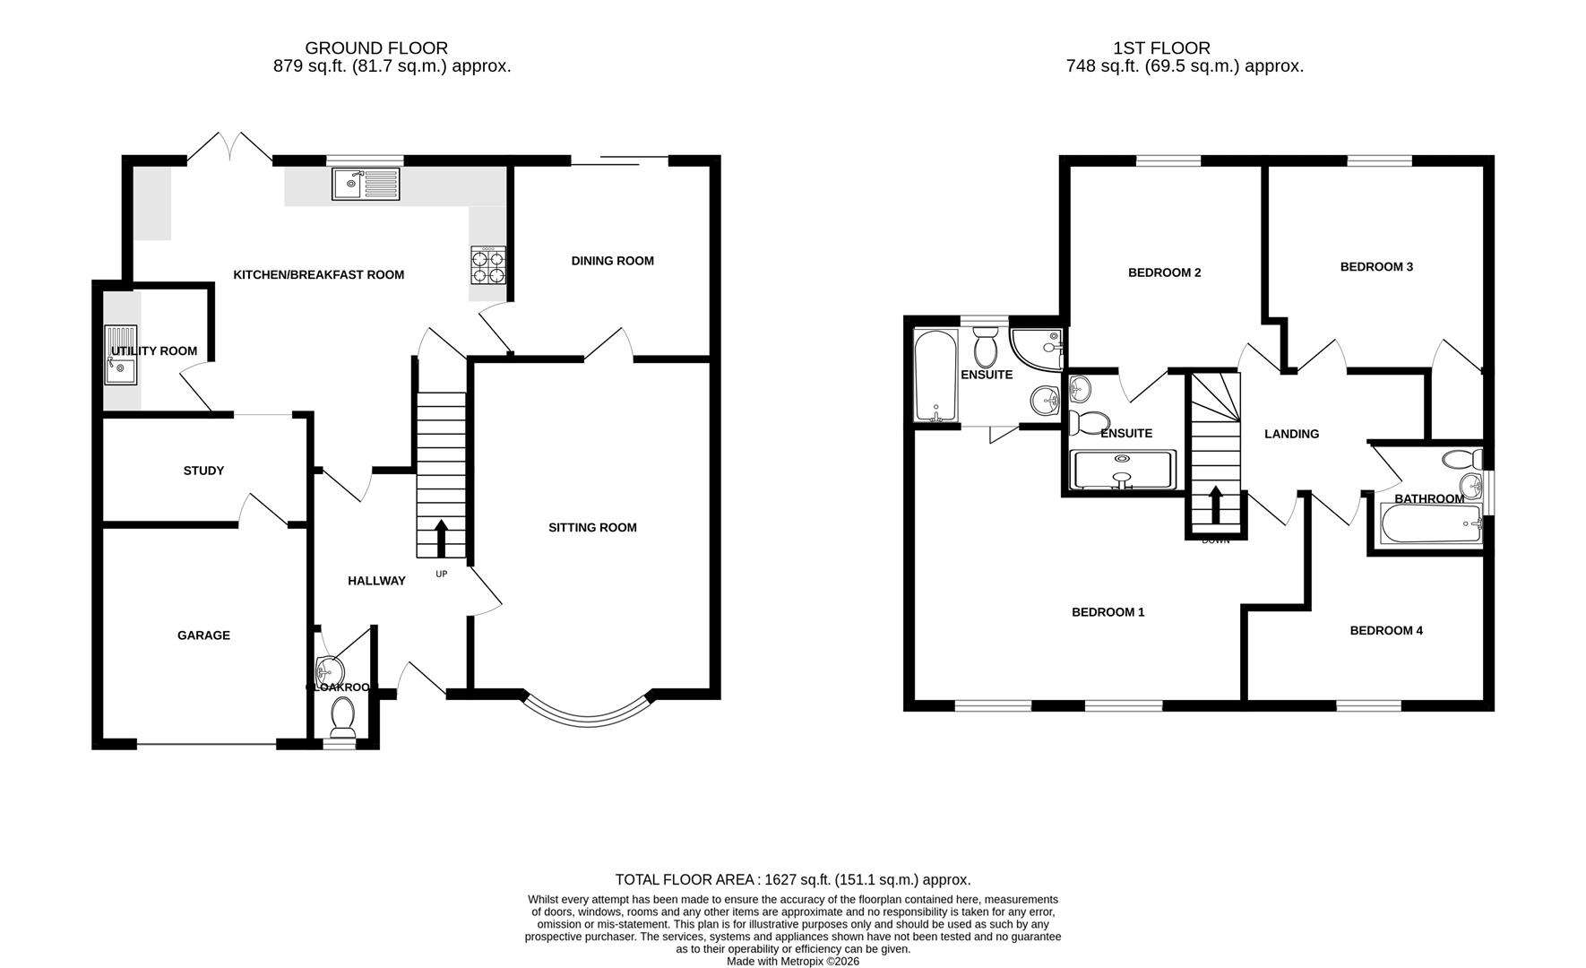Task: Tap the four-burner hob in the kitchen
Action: [487, 265]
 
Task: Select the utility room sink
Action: [120, 355]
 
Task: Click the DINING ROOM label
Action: [613, 261]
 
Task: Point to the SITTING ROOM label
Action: [592, 527]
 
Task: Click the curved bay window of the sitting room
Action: [589, 714]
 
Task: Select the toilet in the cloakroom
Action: [342, 718]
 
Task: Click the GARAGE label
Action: [203, 635]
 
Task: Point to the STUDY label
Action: [203, 471]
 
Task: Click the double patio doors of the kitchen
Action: [229, 148]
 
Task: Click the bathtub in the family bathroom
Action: [1431, 524]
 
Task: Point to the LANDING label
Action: [1291, 434]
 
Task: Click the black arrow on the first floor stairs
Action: [1216, 505]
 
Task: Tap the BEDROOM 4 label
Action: [1386, 630]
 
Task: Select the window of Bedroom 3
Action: [1380, 161]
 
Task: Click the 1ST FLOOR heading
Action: [1161, 48]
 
